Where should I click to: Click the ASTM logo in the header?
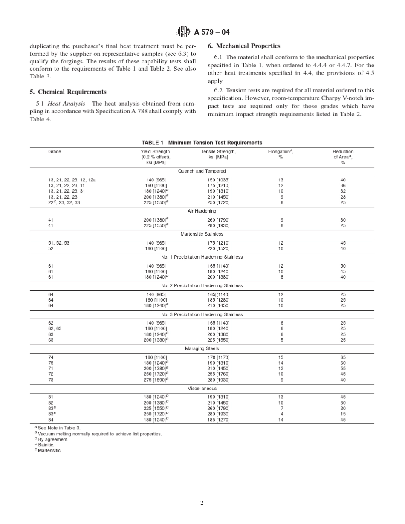click(x=184, y=32)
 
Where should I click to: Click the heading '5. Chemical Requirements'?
click(x=68, y=92)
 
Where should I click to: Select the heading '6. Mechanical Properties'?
click(x=244, y=46)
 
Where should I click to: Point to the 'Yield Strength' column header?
click(x=155, y=152)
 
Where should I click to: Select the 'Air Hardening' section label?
click(x=202, y=211)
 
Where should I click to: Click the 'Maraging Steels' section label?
click(x=202, y=348)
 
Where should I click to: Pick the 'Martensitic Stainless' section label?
click(x=202, y=234)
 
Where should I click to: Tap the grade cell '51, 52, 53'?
click(x=59, y=243)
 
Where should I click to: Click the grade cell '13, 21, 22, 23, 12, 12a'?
click(x=72, y=180)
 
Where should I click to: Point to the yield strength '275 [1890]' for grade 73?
click(x=155, y=380)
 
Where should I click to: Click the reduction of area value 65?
click(x=343, y=357)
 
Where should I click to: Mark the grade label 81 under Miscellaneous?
click(x=51, y=397)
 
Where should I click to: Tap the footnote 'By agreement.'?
click(x=53, y=439)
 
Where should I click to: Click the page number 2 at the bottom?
click(x=202, y=503)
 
